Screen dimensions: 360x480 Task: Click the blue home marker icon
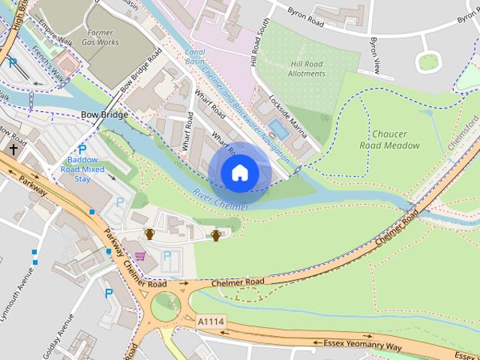pyautogui.click(x=239, y=172)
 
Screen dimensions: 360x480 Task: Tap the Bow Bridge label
pyautogui.click(x=103, y=115)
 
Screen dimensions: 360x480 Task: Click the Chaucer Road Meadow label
pyautogui.click(x=389, y=139)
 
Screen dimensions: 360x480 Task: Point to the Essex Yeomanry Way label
pyautogui.click(x=363, y=344)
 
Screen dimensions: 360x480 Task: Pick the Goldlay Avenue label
pyautogui.click(x=59, y=333)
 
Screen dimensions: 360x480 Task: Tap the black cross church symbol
pyautogui.click(x=13, y=150)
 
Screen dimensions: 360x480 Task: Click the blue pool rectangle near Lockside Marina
pyautogui.click(x=278, y=129)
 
